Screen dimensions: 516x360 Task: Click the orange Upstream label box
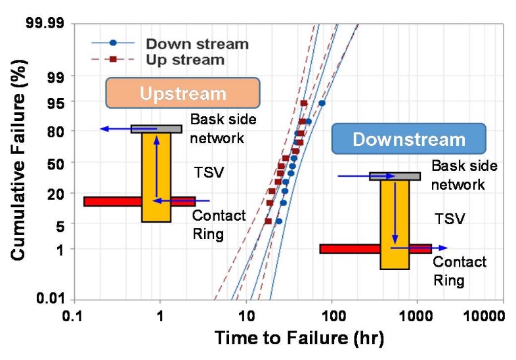coord(183,93)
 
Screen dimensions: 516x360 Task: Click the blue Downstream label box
coord(409,139)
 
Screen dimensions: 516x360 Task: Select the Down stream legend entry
coord(170,43)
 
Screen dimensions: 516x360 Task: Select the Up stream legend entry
coord(158,60)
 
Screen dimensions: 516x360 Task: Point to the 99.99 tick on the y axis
coord(45,24)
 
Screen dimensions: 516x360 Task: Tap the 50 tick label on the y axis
coord(56,164)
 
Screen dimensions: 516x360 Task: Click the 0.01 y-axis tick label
coord(51,298)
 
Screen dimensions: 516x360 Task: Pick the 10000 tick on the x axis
coord(484,316)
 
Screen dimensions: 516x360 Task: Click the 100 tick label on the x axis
coord(332,316)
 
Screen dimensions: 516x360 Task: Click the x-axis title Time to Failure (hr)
coord(299,338)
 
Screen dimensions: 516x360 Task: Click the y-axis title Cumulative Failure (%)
coord(18,160)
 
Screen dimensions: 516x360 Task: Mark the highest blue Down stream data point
coord(322,103)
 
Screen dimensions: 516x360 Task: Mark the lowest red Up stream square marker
coord(269,221)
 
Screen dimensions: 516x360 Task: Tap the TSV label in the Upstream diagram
coord(209,172)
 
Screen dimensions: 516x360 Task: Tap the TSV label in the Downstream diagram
coord(450,219)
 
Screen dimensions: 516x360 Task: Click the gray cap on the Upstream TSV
coord(156,129)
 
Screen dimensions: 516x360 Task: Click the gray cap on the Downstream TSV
coord(395,176)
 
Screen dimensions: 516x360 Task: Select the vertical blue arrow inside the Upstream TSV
coord(157,167)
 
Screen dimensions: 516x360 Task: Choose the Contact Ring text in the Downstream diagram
coord(460,271)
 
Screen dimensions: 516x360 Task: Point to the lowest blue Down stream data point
coord(279,221)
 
